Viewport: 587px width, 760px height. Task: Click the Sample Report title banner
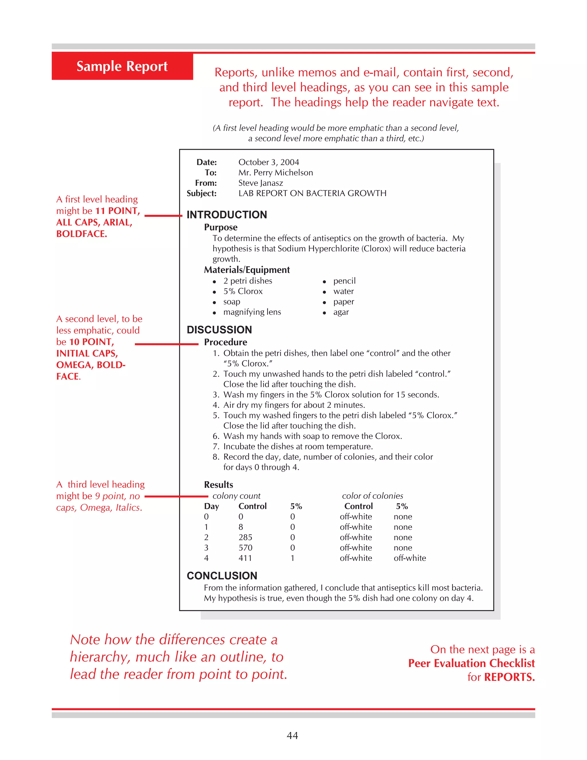coord(122,66)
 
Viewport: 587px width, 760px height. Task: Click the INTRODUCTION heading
coord(227,215)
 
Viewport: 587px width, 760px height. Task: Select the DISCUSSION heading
coord(219,330)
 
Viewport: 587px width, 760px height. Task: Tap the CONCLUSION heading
coord(222,576)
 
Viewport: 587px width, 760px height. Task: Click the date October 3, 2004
coord(269,162)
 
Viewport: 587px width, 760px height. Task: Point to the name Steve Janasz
coord(261,183)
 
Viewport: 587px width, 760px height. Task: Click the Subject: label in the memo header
coord(202,194)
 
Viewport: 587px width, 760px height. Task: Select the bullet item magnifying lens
coord(252,312)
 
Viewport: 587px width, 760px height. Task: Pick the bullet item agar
coord(341,312)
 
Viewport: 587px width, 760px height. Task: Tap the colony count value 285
coord(245,537)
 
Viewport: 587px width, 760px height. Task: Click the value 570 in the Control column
coord(245,548)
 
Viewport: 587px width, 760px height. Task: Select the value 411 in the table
coord(245,558)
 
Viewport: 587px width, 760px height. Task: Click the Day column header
coord(212,506)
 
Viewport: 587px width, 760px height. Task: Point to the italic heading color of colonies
coord(372,496)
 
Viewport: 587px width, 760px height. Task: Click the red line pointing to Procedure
coord(166,344)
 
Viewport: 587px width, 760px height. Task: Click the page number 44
coord(292,735)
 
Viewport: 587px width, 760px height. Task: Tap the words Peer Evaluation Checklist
coord(471,663)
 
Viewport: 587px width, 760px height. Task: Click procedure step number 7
coord(216,447)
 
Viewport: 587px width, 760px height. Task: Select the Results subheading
coord(218,485)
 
